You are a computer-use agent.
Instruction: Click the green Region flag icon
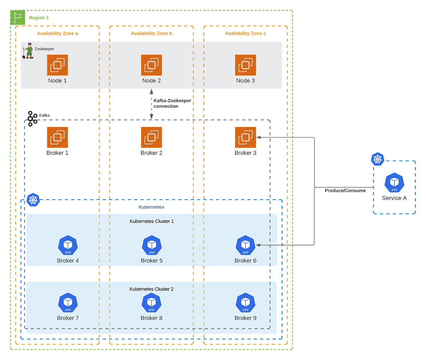18,18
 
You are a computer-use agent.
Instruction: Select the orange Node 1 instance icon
57,65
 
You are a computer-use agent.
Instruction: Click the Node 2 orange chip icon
152,65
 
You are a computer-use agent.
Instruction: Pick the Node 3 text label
245,81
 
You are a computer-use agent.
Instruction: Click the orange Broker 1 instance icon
57,137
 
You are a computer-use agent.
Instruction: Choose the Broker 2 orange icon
152,137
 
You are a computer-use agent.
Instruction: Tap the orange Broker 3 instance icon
245,137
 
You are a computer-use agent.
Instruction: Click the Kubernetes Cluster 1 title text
152,221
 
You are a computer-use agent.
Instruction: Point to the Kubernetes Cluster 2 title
152,289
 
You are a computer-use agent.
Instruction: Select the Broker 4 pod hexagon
68,245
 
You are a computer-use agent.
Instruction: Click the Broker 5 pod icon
152,245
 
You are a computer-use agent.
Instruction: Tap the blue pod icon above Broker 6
245,245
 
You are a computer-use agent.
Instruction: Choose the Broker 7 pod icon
68,303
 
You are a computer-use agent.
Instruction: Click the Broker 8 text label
152,318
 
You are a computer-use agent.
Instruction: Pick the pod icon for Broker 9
245,303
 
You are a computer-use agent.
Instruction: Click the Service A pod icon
394,183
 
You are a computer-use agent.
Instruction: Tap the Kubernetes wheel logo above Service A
377,159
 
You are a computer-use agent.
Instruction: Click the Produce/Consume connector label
345,191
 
